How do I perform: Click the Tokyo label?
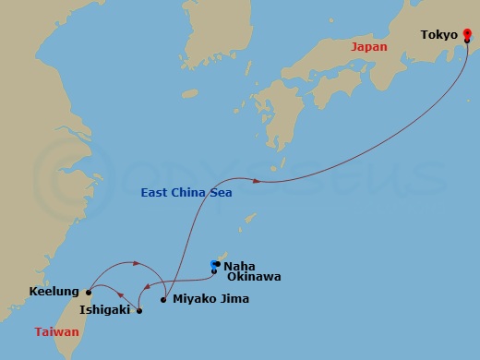439,35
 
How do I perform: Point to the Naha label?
239,264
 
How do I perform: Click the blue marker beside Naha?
214,267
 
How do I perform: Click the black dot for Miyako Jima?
163,299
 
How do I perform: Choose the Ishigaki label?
104,310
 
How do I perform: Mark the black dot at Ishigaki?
139,311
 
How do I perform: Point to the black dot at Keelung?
89,292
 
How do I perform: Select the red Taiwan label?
57,330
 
